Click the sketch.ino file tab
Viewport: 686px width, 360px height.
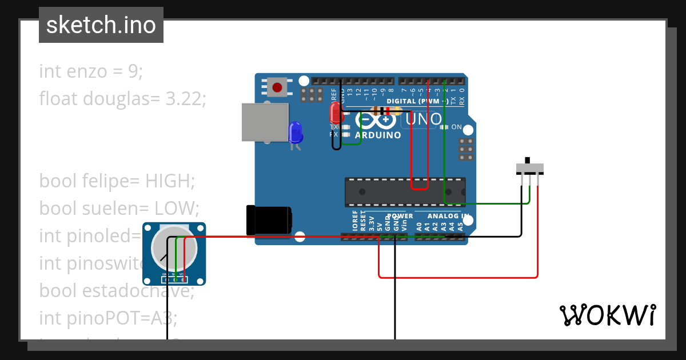point(101,25)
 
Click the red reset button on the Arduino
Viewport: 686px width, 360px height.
point(277,87)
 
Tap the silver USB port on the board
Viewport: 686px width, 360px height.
point(264,122)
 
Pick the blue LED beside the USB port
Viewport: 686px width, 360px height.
point(296,133)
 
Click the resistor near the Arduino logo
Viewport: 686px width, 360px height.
point(382,110)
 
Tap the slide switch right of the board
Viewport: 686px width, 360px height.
point(529,168)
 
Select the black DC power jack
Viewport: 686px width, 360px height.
point(268,220)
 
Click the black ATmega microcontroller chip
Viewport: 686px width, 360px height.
point(404,191)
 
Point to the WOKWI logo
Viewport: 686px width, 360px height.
point(607,315)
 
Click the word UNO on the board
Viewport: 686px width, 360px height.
point(424,119)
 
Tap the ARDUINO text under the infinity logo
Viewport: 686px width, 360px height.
point(378,135)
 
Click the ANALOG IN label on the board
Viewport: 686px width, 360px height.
point(449,217)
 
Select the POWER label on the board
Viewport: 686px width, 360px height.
point(400,217)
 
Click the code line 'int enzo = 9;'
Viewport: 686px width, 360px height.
point(91,72)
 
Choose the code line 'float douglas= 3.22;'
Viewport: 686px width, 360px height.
point(122,99)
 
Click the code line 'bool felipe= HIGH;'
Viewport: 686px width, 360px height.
point(117,181)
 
